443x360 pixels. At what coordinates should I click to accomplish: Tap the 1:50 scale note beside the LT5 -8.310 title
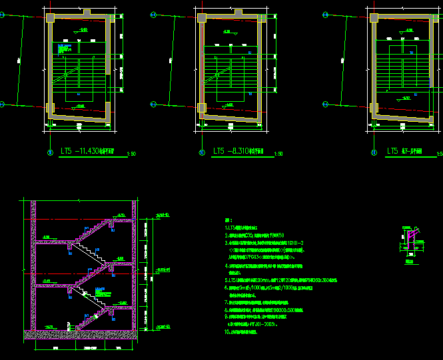pos(278,154)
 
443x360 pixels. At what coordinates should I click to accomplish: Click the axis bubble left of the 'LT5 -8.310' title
pos(202,152)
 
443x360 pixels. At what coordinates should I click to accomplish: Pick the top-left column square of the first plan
pos(51,19)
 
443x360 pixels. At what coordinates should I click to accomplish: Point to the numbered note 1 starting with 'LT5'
pos(246,228)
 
